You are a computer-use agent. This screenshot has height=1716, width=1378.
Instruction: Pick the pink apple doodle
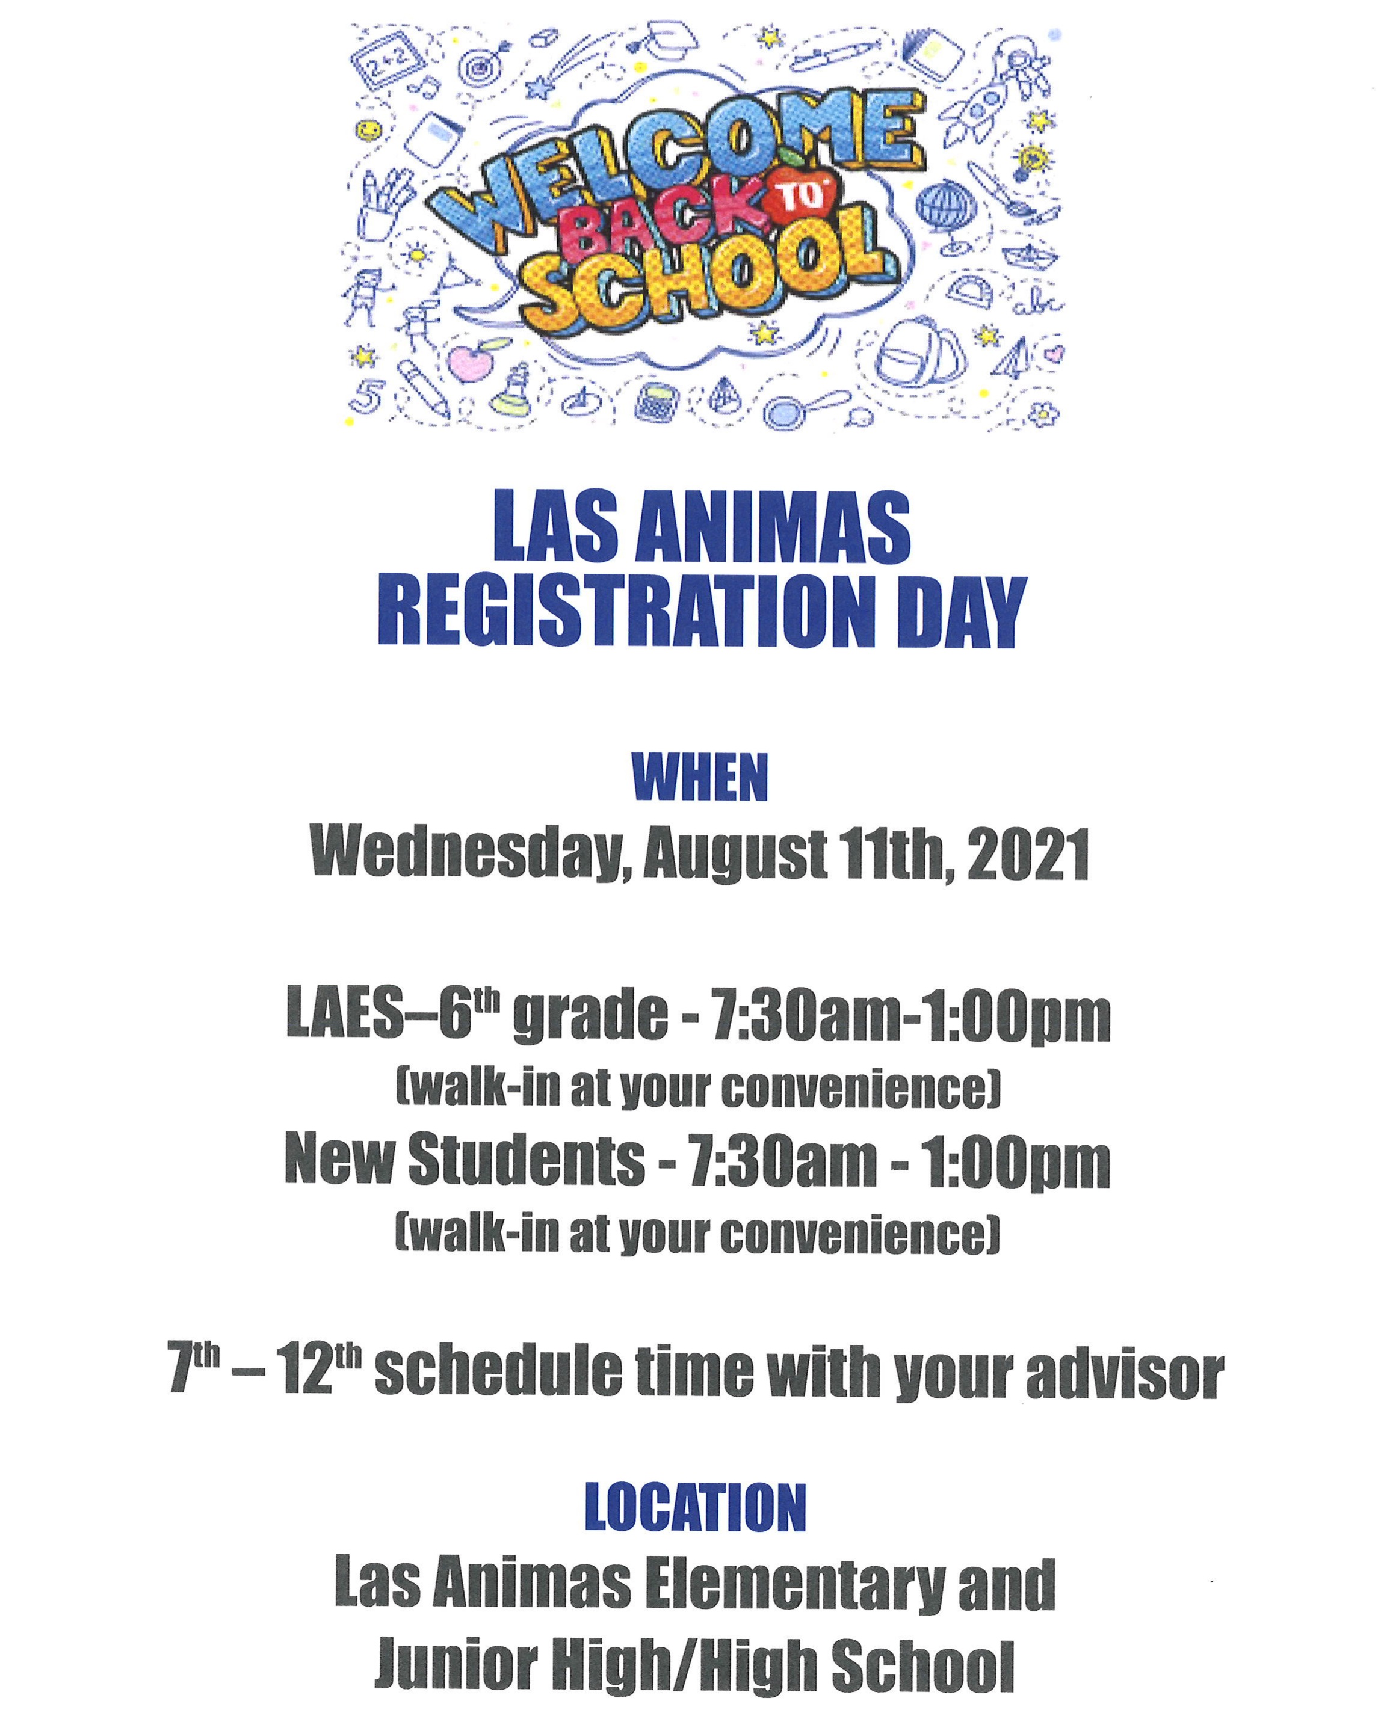click(x=471, y=366)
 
